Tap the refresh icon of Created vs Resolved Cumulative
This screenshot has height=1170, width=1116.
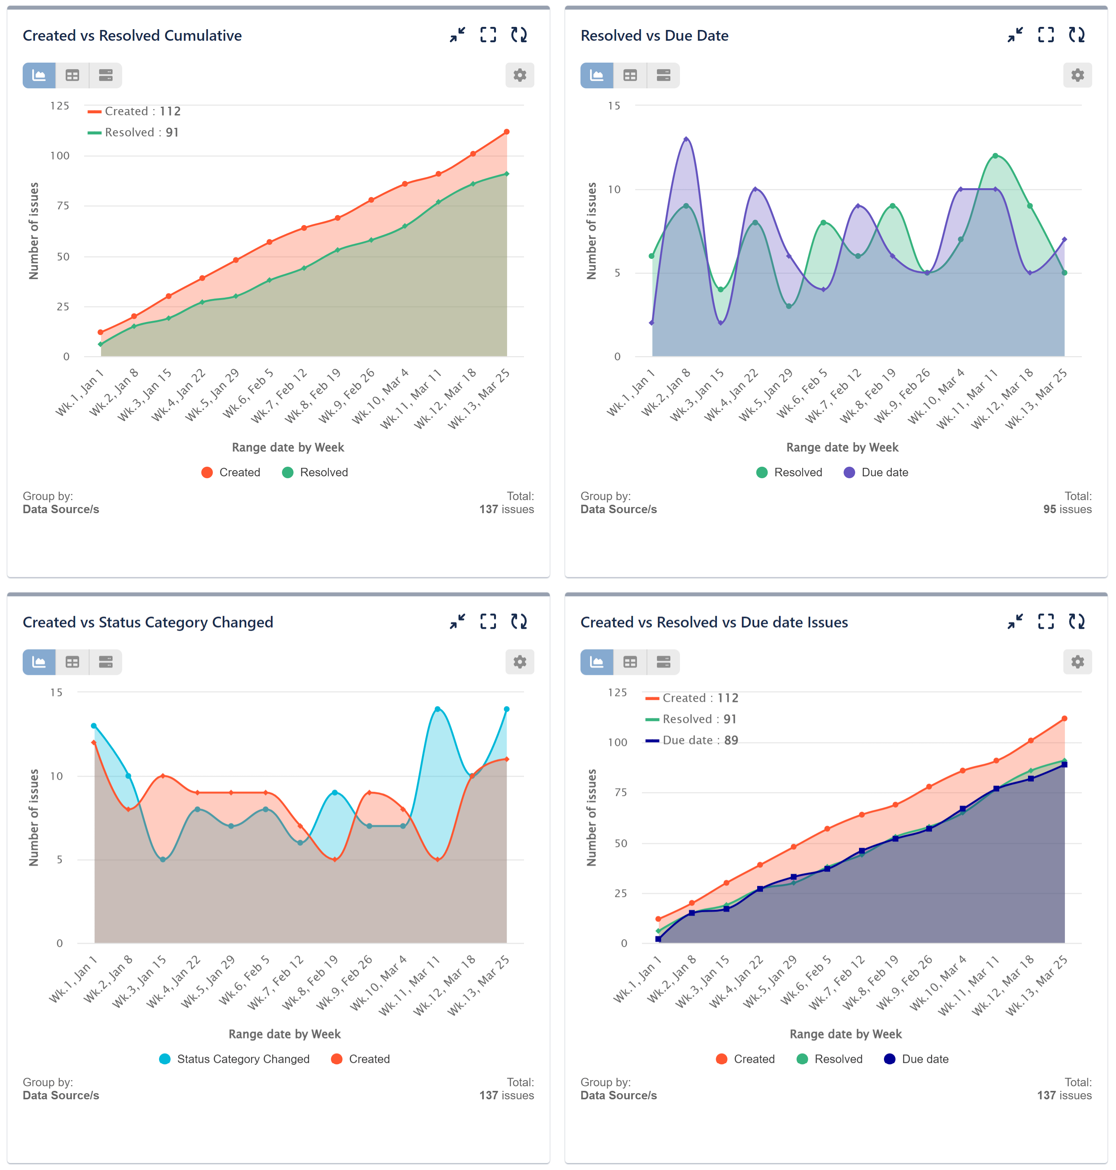[x=519, y=35]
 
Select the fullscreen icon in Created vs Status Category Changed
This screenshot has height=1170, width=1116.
[x=488, y=621]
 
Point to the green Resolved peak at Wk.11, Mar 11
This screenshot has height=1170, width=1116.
[x=995, y=156]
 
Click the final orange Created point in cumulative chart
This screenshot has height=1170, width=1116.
[x=506, y=132]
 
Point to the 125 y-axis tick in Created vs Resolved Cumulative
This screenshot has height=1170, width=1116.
[x=60, y=106]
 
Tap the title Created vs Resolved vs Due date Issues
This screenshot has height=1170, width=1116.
[x=714, y=622]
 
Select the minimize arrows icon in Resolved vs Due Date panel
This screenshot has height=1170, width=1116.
[x=1015, y=35]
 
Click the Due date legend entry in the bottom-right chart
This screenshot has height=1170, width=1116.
[x=916, y=1059]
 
